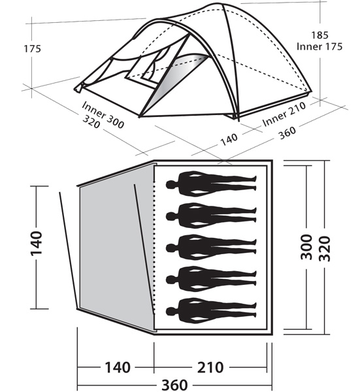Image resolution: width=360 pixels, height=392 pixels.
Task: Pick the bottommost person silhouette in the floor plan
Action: [x=210, y=307]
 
